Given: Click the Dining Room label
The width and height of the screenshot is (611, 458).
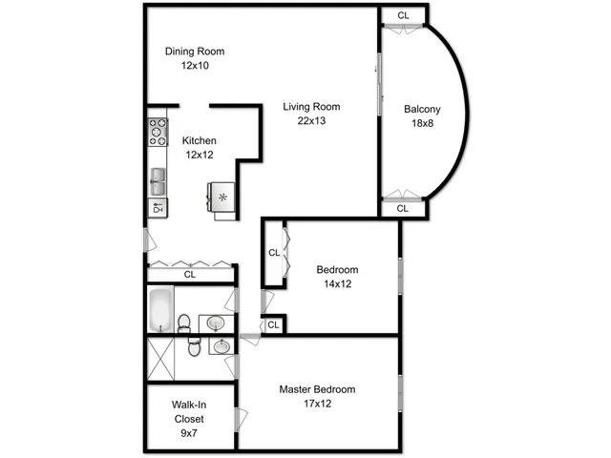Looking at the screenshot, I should click(195, 52).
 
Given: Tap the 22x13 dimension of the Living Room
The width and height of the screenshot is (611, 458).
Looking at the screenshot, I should click(311, 120).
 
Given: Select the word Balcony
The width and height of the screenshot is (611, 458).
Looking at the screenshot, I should click(422, 109).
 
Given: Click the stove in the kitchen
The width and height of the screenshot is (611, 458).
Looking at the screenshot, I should click(157, 132).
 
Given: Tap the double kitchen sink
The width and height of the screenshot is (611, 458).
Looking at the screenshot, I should click(158, 178).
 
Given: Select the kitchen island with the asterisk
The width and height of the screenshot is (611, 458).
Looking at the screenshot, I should click(222, 197).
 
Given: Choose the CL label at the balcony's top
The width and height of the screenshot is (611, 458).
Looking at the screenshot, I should click(403, 16).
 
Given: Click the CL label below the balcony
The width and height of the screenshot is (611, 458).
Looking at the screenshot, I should click(403, 208).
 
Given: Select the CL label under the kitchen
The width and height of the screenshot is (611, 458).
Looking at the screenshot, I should click(190, 274).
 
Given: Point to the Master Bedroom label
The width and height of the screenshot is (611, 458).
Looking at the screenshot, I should click(317, 389).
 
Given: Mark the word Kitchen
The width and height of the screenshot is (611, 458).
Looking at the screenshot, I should click(200, 140).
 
